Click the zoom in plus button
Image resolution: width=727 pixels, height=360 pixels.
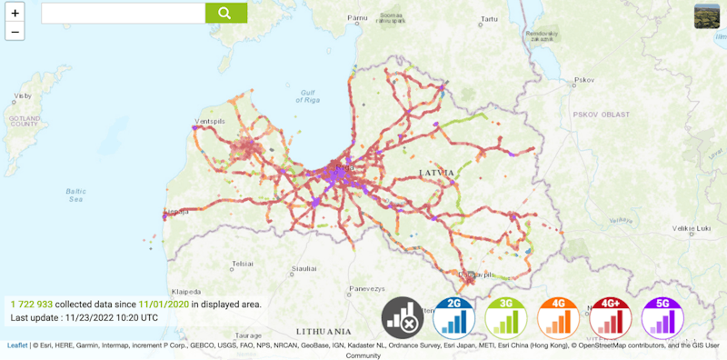(15, 13)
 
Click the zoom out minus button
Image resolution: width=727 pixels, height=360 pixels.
(15, 32)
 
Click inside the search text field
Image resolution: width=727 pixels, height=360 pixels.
(123, 13)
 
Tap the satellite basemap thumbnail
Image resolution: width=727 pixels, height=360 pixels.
(707, 16)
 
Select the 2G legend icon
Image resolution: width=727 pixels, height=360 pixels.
(455, 317)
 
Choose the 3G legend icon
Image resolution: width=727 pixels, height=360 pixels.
(507, 317)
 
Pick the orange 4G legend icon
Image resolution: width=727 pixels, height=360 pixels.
(559, 317)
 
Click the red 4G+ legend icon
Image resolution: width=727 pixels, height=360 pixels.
(611, 317)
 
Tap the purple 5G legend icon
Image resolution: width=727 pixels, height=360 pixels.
(663, 317)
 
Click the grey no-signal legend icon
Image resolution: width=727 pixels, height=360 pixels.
(403, 317)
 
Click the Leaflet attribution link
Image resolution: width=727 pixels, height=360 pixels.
(17, 345)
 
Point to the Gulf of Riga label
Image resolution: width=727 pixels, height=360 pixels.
(311, 96)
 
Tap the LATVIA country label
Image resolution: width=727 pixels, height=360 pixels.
(435, 172)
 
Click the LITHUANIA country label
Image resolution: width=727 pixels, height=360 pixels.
(324, 331)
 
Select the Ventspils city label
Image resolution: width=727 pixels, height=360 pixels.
(210, 121)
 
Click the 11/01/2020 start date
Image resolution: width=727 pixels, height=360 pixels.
(164, 304)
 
